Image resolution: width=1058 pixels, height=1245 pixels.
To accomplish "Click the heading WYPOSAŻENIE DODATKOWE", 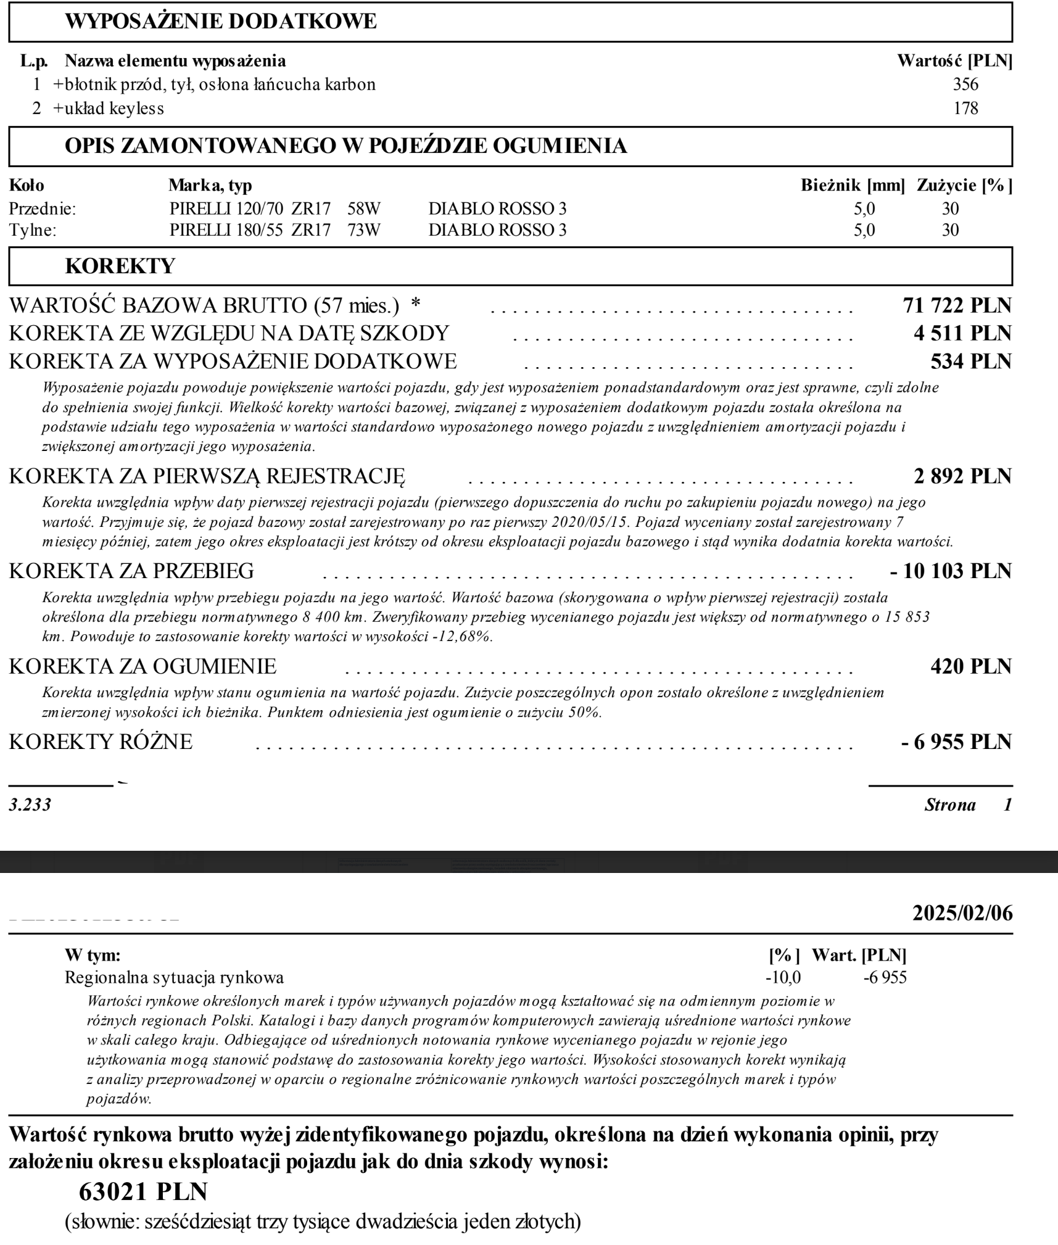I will (220, 22).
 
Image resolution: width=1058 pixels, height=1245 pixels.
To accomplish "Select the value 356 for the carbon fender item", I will (965, 85).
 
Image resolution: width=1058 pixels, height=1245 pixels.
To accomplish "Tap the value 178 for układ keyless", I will (965, 109).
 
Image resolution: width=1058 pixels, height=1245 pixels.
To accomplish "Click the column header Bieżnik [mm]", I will (853, 185).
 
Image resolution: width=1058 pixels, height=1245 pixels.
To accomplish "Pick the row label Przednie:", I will (42, 209).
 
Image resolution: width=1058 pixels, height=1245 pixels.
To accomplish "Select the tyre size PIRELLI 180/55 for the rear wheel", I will (226, 231).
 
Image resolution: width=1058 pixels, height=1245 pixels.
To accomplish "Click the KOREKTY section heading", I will (120, 267).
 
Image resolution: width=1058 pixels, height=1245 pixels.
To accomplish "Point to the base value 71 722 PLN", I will (957, 305).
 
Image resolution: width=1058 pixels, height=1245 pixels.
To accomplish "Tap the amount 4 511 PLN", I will (962, 333).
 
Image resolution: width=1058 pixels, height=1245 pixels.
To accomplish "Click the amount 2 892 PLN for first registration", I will (962, 476).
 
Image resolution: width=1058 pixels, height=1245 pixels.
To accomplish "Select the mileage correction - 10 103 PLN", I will (951, 571).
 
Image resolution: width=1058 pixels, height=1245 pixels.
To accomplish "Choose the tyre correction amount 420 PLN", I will (970, 667).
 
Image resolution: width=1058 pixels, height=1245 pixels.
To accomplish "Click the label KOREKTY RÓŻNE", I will (101, 742).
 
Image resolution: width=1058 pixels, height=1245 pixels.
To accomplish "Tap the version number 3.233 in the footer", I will (30, 805).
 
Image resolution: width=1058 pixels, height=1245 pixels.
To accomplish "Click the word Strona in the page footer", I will (950, 805).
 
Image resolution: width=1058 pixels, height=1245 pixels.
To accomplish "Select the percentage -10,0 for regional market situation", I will (783, 978).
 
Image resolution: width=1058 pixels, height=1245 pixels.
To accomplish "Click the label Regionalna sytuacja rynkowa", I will (174, 978).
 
